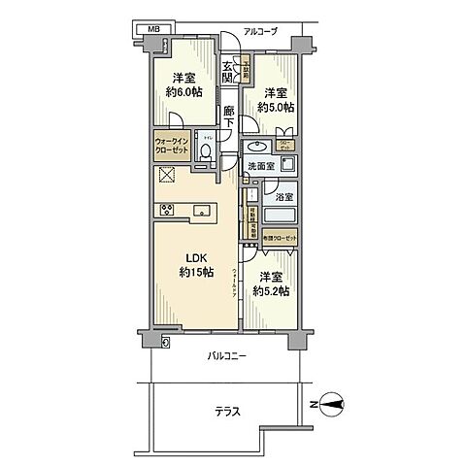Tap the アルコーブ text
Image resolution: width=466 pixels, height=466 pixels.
click(x=259, y=31)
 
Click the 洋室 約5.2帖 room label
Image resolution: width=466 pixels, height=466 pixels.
click(x=273, y=283)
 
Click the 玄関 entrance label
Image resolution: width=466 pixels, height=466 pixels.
click(x=227, y=73)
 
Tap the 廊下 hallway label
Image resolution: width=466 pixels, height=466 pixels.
click(x=228, y=115)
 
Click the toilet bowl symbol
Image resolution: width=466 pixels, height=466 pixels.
click(x=206, y=151)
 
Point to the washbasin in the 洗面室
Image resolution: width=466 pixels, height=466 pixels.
click(x=258, y=147)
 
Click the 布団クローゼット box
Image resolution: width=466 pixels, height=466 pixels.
click(x=280, y=237)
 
